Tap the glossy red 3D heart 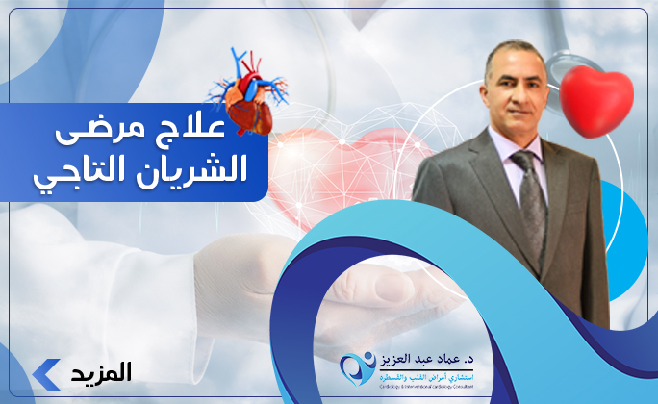point(596,100)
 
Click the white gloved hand point(240,279)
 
